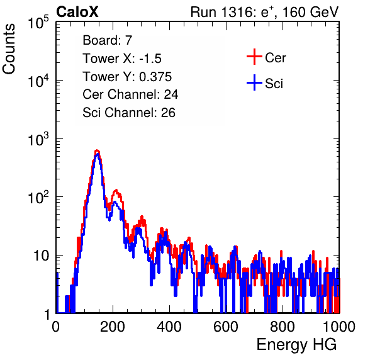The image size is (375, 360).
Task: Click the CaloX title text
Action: tap(77, 12)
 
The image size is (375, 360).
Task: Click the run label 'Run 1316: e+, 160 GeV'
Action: tap(264, 12)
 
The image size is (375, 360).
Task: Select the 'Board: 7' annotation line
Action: tap(108, 40)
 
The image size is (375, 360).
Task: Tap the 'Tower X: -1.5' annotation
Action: tap(122, 59)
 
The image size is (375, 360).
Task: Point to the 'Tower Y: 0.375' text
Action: tap(127, 77)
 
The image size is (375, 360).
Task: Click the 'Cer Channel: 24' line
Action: tap(130, 94)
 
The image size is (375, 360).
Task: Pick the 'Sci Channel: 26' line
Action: tap(129, 113)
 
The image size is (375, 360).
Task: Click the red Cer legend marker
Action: tap(254, 57)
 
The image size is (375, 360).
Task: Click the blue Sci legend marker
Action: tap(254, 83)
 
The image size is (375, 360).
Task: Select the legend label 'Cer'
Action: tap(275, 58)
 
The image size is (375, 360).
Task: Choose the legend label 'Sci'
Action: tap(274, 84)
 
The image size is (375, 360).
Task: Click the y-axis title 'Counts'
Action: tap(9, 49)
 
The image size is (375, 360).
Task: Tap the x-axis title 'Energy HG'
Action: tap(296, 345)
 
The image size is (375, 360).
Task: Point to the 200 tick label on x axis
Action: tap(113, 327)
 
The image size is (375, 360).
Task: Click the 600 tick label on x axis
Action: tap(226, 327)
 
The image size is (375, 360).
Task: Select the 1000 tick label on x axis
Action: tap(339, 327)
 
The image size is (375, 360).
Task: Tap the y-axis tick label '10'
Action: tap(42, 256)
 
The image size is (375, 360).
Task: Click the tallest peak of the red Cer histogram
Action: tap(97, 150)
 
